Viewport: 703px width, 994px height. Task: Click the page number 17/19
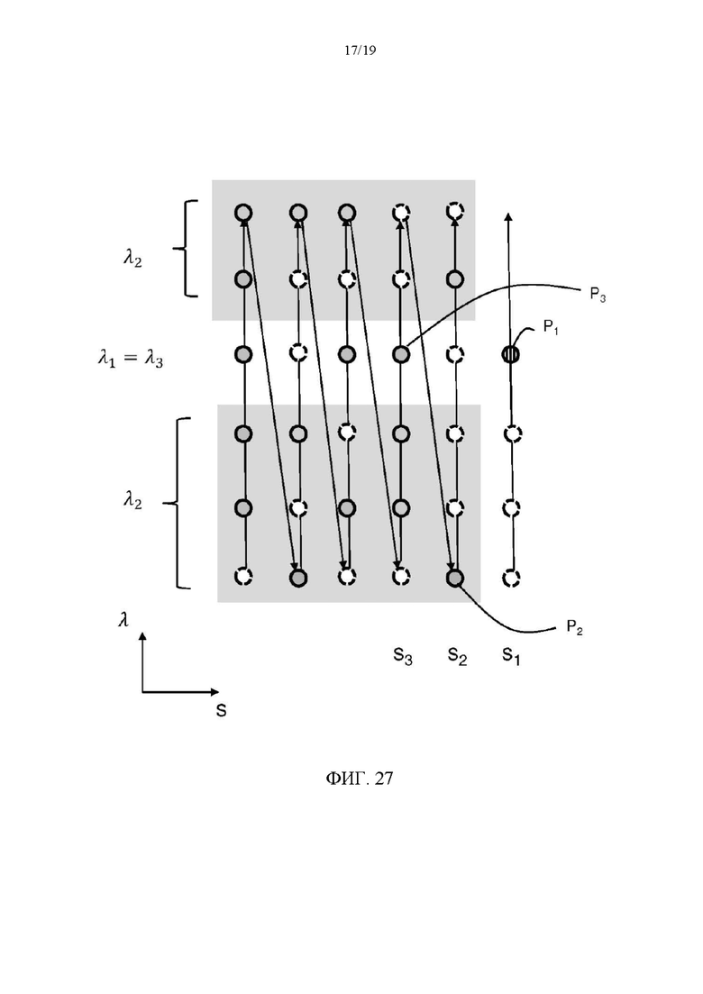coord(360,50)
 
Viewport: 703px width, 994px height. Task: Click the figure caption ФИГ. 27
coord(360,779)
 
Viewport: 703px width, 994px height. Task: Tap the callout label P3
coord(598,295)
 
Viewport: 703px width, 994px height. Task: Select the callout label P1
coord(551,327)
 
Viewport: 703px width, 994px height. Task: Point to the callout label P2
coord(574,627)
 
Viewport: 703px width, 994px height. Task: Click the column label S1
coord(511,655)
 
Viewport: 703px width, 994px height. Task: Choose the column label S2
coord(457,655)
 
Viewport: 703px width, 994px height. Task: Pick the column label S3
coord(403,655)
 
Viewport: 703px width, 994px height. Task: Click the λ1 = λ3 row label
coord(131,359)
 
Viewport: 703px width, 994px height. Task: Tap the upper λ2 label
coord(132,258)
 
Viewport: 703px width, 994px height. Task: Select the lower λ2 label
coord(132,500)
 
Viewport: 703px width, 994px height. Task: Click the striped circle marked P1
coord(510,354)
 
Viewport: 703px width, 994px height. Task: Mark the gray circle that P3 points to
coord(401,354)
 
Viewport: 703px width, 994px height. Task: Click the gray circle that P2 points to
coord(455,579)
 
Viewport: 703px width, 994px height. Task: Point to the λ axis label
coord(123,619)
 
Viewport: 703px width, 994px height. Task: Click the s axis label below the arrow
coord(221,711)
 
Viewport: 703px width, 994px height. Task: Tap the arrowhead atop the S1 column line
coord(507,217)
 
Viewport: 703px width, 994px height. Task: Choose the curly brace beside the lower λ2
coord(177,504)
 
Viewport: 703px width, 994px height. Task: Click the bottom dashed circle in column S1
coord(512,579)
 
